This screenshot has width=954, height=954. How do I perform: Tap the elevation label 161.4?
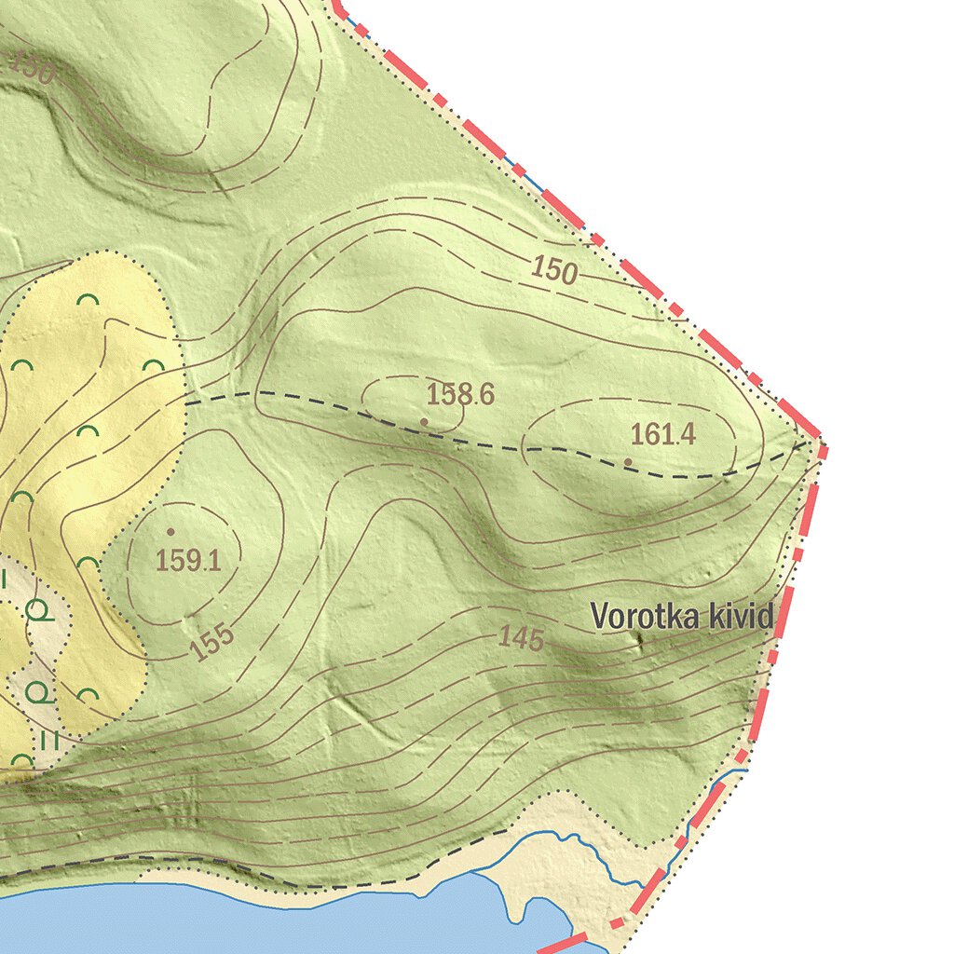click(x=662, y=434)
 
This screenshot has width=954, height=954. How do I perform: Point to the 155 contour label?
click(x=213, y=642)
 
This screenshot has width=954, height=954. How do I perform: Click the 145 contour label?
click(x=521, y=638)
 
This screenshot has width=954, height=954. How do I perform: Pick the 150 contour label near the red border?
click(x=555, y=270)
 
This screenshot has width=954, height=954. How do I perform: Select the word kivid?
click(x=740, y=616)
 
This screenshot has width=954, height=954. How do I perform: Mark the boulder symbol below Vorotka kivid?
click(x=639, y=638)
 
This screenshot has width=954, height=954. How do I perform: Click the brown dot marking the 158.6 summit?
click(x=424, y=422)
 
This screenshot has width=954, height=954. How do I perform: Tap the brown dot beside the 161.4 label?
click(x=628, y=461)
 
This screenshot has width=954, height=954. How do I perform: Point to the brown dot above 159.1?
click(x=170, y=532)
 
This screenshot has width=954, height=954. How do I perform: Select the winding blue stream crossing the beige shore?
click(x=596, y=852)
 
